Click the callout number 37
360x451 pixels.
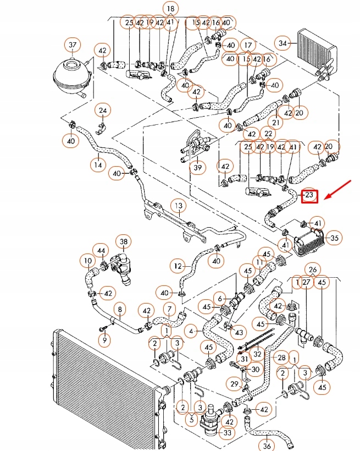[x=72, y=44]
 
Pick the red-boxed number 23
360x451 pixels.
[x=309, y=195]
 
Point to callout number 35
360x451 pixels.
[x=334, y=238]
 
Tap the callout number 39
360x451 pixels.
[x=197, y=168]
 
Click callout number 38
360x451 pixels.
[x=124, y=242]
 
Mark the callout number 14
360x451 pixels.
[x=98, y=164]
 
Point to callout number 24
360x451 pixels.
[x=102, y=111]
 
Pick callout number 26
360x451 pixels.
[x=312, y=269]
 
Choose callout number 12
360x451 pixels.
[x=176, y=266]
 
